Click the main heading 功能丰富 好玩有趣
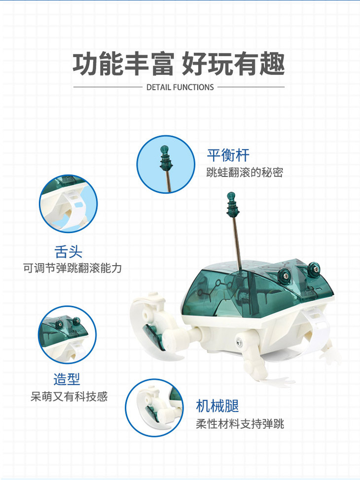(179, 64)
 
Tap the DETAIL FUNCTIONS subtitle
(180, 87)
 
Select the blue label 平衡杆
(228, 155)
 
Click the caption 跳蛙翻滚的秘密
(245, 172)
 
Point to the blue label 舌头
(69, 252)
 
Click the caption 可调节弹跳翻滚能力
(72, 268)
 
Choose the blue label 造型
(67, 379)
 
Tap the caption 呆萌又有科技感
(69, 397)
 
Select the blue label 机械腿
(217, 406)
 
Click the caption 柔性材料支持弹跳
(240, 424)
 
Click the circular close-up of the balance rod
(166, 165)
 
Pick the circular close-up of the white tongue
(69, 204)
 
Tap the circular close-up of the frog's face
(68, 335)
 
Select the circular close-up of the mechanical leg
(154, 408)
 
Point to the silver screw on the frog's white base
(239, 342)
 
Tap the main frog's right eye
(314, 269)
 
